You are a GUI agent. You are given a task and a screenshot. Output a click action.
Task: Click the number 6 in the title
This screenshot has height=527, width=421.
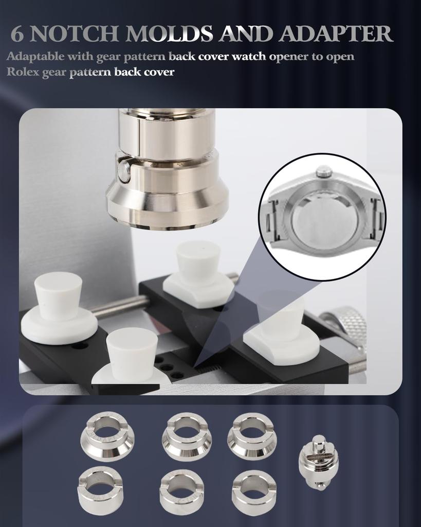[x=17, y=34]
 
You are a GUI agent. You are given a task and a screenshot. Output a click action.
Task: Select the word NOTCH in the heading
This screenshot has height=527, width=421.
[x=78, y=34]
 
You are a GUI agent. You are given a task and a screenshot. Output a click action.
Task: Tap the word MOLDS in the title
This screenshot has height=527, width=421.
[x=170, y=34]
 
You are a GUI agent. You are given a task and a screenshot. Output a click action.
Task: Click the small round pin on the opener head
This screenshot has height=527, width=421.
[x=124, y=171]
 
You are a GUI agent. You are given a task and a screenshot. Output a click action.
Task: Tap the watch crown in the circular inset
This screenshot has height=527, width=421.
[x=323, y=171]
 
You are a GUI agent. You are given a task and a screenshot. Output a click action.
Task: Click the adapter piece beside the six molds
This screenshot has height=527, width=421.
[x=318, y=462]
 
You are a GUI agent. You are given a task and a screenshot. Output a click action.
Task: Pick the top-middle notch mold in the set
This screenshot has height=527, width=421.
[x=187, y=436]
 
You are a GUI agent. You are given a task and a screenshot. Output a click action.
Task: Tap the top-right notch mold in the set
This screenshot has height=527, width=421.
[x=252, y=436]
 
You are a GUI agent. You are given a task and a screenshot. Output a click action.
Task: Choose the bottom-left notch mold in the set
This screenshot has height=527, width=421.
[x=100, y=490]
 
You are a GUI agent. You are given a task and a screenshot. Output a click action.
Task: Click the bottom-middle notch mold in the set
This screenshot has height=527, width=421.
[x=181, y=491]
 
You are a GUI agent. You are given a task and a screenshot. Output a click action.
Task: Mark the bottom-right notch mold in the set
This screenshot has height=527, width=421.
[x=253, y=491]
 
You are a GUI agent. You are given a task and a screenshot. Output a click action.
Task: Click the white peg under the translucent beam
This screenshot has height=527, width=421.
[x=281, y=319]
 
